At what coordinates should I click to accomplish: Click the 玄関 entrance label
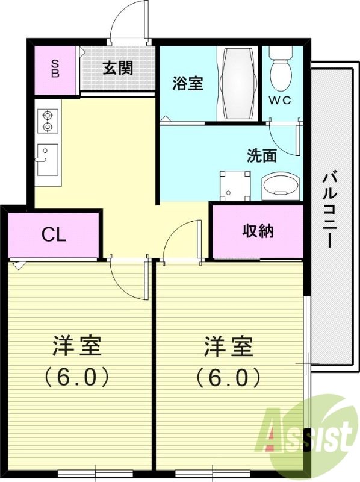pos(117,68)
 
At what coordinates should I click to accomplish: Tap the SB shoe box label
pos(55,69)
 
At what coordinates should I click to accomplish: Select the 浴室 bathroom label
pos(188,83)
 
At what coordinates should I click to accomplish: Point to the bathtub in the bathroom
pos(238,83)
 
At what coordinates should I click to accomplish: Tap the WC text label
pos(280,101)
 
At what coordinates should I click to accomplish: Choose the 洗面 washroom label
pos(262,155)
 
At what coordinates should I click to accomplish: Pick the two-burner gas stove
pos(47,121)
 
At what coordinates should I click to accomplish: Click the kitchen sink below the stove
pos(47,159)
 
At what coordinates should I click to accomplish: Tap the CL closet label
pos(54,234)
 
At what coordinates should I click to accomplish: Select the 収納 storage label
pos(258,231)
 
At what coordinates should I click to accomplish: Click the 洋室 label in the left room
pos(76,346)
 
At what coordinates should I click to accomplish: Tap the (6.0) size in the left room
pos(76,377)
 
